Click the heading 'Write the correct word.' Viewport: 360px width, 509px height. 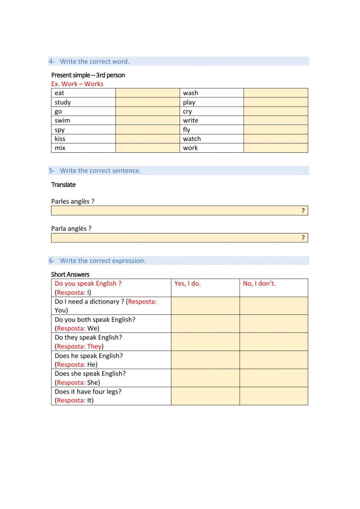(94, 62)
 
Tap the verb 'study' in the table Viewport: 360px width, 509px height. (63, 102)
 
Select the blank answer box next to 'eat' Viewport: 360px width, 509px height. (148, 93)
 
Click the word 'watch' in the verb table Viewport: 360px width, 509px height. (192, 139)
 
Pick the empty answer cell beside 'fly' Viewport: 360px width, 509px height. (276, 130)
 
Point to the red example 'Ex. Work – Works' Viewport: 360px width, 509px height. (77, 84)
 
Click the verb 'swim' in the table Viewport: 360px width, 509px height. (62, 120)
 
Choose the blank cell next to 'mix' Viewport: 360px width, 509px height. (148, 148)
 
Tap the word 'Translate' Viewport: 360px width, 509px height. (63, 185)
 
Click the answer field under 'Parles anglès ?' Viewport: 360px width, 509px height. (176, 211)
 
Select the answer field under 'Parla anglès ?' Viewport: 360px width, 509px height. (176, 238)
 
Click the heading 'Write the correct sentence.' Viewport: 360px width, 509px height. (100, 171)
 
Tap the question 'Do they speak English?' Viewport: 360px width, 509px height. (88, 338)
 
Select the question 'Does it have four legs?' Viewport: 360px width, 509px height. (88, 392)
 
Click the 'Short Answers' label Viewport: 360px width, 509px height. (70, 274)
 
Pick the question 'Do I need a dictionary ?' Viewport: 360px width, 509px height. (89, 302)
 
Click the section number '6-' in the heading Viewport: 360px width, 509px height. (52, 261)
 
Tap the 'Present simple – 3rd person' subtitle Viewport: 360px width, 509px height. (88, 75)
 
